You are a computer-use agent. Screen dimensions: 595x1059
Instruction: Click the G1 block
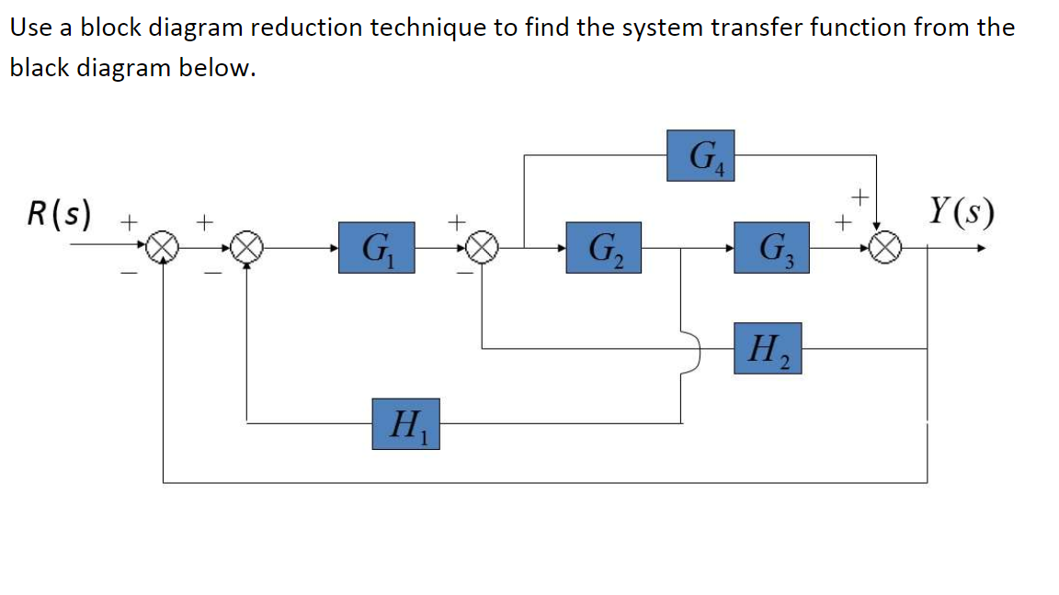[x=375, y=247]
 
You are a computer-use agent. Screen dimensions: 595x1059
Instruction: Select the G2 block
[x=603, y=247]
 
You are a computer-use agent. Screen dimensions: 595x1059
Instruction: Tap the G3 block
[x=771, y=247]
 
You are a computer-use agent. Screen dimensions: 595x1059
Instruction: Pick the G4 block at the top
[x=700, y=156]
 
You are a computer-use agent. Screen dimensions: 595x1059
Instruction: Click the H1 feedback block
[x=405, y=423]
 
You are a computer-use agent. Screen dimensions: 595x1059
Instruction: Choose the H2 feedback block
[x=767, y=349]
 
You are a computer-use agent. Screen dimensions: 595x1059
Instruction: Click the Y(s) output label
[x=962, y=215]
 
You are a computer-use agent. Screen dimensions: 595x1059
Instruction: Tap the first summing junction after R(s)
[x=164, y=247]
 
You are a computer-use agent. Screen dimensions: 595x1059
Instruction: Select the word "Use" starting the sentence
[x=28, y=27]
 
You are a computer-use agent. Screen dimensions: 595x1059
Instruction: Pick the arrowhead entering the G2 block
[x=560, y=247]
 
